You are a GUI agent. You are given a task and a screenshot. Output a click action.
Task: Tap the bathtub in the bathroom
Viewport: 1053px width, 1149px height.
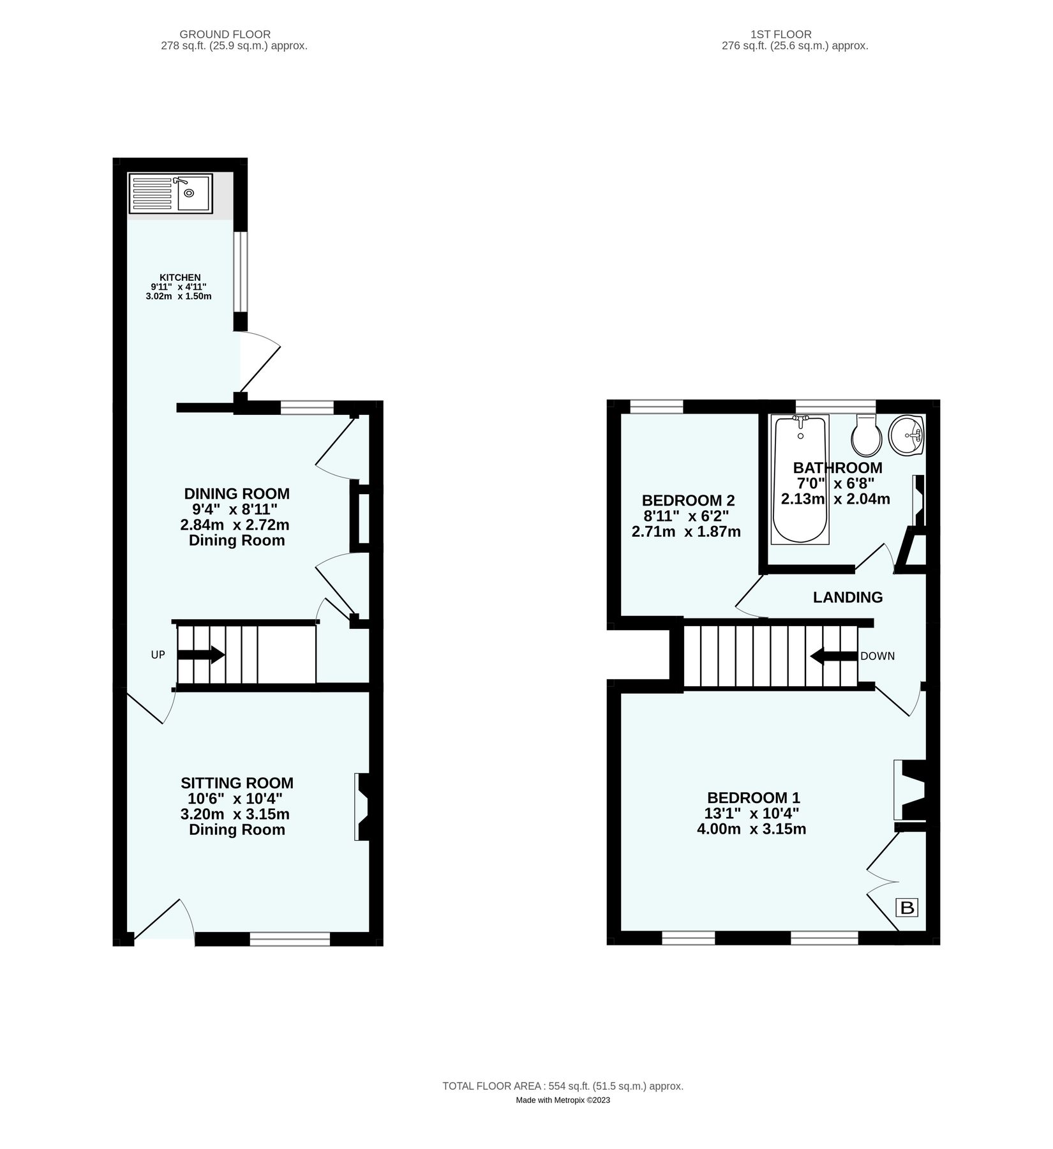coord(800,479)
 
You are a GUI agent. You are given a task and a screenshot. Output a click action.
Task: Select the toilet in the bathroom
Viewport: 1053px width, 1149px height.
coord(867,435)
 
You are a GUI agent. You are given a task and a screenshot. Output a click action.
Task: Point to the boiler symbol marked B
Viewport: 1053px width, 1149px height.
coord(907,907)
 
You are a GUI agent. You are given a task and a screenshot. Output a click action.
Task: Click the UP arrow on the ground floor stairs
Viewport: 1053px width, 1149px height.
coord(200,655)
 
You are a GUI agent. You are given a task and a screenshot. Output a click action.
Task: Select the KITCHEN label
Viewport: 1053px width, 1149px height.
coord(179,278)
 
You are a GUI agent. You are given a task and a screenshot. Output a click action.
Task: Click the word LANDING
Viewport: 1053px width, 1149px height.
coord(848,597)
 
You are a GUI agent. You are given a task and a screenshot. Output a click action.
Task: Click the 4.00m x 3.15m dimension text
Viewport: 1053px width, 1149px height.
coord(752,829)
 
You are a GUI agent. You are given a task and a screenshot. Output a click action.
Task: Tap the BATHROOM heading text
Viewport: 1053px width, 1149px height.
coord(837,468)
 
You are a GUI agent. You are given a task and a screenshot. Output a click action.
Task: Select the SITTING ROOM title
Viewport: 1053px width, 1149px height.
coord(237,783)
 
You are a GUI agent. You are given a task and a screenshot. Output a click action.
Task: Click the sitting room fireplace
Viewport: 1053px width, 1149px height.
coord(364,807)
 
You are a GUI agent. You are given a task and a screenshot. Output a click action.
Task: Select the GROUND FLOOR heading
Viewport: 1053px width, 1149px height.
coord(225,34)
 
